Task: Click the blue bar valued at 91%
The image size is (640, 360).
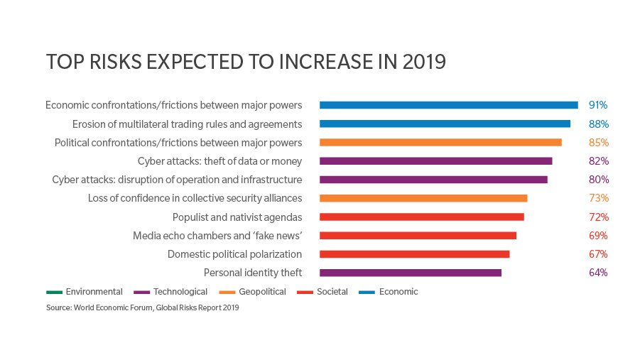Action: click(x=448, y=105)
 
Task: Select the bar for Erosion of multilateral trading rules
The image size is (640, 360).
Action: click(x=445, y=124)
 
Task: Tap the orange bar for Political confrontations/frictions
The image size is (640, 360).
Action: click(x=440, y=142)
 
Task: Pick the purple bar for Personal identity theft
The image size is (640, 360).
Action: click(x=411, y=273)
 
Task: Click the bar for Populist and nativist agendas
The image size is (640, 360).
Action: click(x=421, y=217)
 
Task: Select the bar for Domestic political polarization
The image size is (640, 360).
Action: click(x=414, y=254)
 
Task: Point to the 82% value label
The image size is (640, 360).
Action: click(x=599, y=161)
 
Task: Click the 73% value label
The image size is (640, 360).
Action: click(x=599, y=198)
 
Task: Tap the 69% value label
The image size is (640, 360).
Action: click(x=599, y=236)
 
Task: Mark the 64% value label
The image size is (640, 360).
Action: click(x=599, y=273)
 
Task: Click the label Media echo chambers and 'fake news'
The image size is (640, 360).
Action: click(x=217, y=236)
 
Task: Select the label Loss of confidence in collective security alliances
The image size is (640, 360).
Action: click(x=195, y=198)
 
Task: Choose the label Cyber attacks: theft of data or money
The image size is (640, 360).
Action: click(x=219, y=161)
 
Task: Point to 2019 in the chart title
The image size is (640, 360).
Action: click(x=422, y=62)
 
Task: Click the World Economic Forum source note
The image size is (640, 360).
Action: click(x=143, y=308)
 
